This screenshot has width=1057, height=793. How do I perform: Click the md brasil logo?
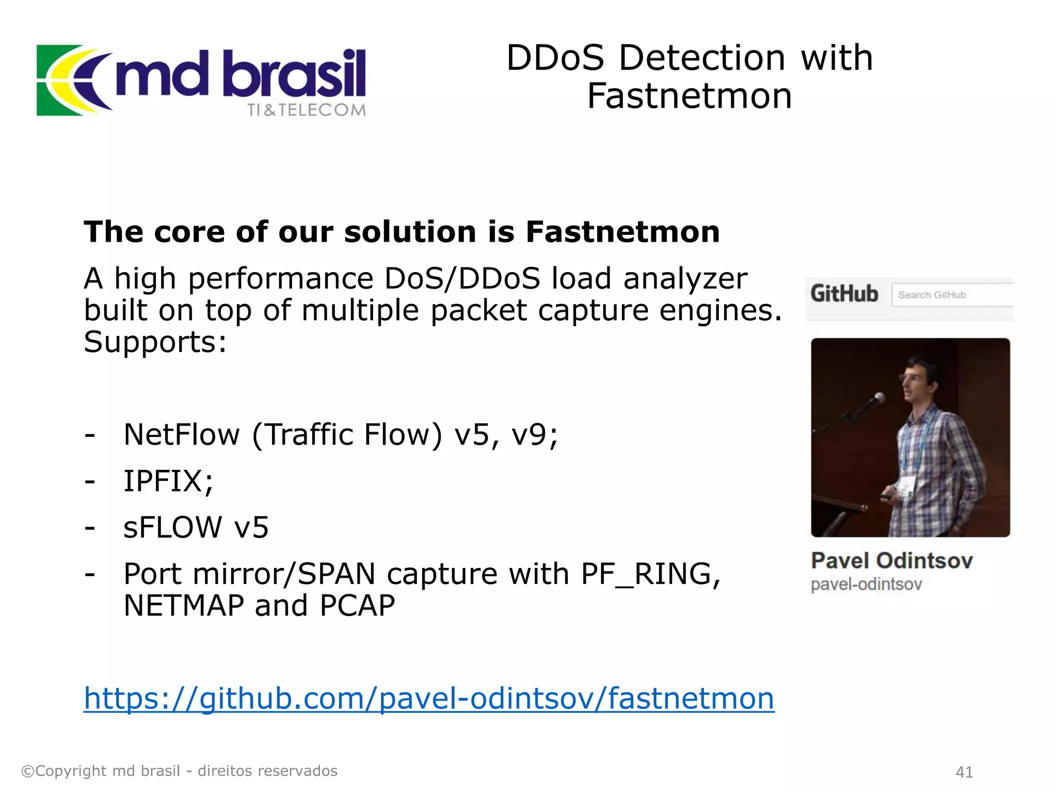pos(201,81)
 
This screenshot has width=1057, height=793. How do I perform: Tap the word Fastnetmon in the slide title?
pos(689,96)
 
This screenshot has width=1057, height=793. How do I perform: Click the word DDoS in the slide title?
pos(555,57)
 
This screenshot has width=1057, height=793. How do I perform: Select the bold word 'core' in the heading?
pos(189,232)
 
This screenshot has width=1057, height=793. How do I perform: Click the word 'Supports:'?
pos(155,342)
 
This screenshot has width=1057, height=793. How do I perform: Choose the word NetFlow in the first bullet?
pos(182,435)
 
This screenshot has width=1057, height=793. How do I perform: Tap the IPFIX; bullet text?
pos(168,481)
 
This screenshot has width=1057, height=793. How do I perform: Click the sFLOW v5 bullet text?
pos(196,528)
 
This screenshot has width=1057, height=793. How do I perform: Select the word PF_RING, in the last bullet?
pos(651,574)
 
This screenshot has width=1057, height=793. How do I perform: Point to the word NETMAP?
pos(184,606)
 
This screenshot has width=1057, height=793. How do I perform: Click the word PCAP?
pos(357,606)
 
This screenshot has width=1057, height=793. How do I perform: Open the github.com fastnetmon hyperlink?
pos(429,699)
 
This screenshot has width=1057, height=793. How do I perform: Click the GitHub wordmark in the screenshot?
pos(844,294)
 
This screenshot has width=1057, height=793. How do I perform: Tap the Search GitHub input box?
pos(952,295)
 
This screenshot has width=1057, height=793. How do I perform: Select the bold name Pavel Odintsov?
pos(892,561)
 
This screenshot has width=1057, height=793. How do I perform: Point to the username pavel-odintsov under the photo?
pos(866,584)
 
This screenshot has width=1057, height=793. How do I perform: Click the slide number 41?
pos(964,772)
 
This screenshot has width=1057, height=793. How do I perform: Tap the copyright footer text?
pos(179,771)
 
